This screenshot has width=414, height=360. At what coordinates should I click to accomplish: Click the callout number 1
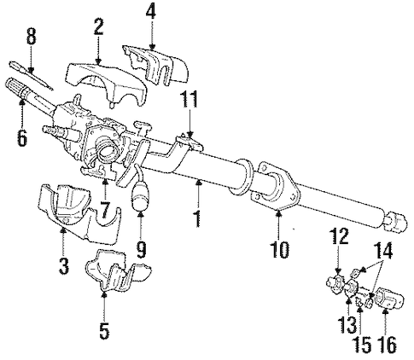pyautogui.click(x=198, y=218)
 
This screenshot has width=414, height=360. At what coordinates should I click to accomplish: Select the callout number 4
pyautogui.click(x=150, y=13)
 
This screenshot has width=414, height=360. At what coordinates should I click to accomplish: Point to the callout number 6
pyautogui.click(x=22, y=138)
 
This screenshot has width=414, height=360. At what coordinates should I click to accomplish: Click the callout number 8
pyautogui.click(x=32, y=37)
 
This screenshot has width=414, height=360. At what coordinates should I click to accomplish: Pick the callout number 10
pyautogui.click(x=280, y=250)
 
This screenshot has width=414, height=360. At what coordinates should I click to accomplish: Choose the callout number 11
pyautogui.click(x=190, y=100)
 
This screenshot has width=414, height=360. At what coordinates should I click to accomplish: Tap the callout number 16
pyautogui.click(x=388, y=345)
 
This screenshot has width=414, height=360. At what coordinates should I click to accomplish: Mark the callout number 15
pyautogui.click(x=363, y=345)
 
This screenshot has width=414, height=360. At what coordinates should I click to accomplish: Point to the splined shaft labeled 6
pyautogui.click(x=32, y=92)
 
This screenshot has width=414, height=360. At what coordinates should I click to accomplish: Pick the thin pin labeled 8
pyautogui.click(x=30, y=75)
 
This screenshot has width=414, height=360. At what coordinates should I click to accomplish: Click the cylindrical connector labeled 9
pyautogui.click(x=141, y=196)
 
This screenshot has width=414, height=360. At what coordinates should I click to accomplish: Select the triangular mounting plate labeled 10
pyautogui.click(x=274, y=186)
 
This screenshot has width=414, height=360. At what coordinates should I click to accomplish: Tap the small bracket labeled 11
pyautogui.click(x=190, y=143)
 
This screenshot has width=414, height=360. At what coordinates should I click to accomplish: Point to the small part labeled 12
pyautogui.click(x=335, y=282)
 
